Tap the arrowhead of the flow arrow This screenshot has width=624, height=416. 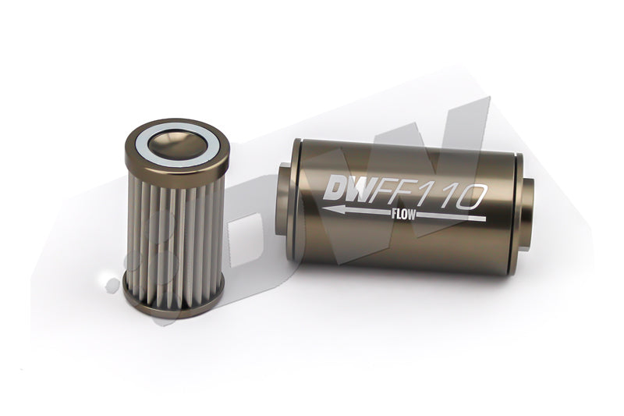click(x=328, y=208)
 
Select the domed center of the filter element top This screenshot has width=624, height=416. click(x=175, y=143)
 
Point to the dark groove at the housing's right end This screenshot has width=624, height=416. click(x=514, y=211)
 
